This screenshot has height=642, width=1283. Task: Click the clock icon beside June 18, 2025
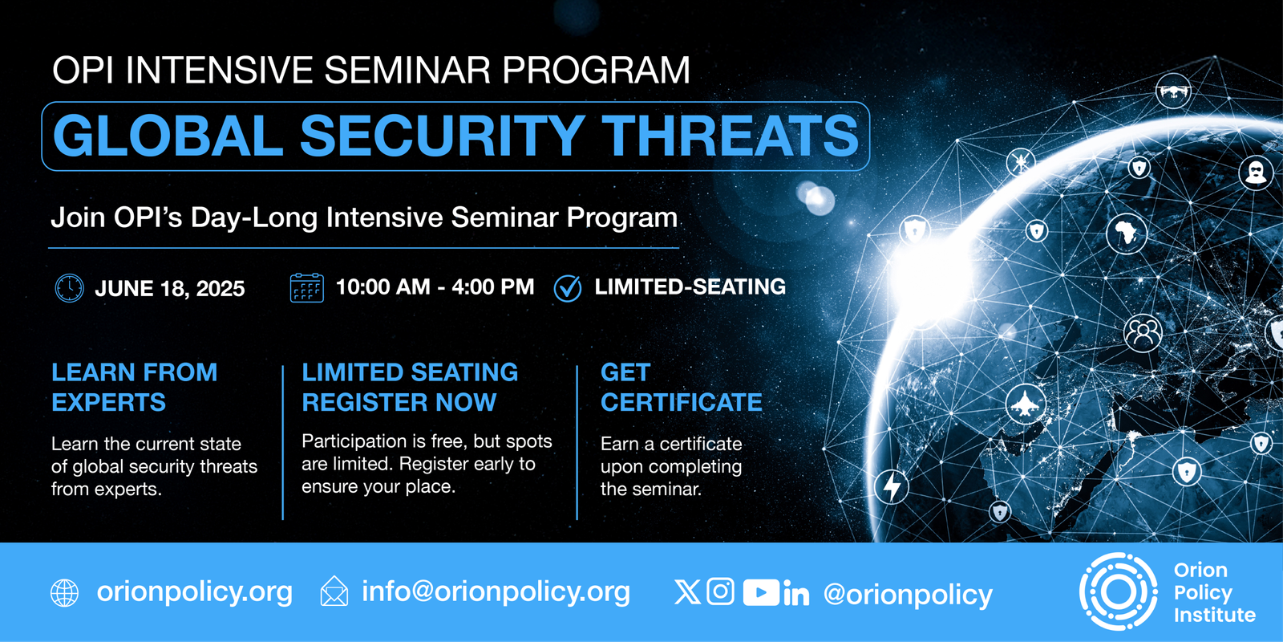coord(69,288)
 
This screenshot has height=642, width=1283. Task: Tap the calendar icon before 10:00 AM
coord(307,288)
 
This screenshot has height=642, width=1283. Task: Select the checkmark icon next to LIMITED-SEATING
coord(568,288)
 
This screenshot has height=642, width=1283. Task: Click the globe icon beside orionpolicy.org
coord(65,593)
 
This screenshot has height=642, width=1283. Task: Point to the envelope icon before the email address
coord(334,591)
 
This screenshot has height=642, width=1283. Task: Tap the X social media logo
coord(687,592)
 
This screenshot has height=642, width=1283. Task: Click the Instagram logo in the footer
coord(721,591)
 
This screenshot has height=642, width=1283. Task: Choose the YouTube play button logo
coord(761,592)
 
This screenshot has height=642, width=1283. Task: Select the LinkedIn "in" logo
coord(796,594)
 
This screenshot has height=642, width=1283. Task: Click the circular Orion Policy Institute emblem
coord(1118,591)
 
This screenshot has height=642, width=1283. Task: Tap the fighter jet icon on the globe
coord(1026,404)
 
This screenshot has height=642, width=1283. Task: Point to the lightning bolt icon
coord(892,486)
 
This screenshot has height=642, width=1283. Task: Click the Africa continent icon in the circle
coord(1127,234)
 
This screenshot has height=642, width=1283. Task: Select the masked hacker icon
coord(1256,173)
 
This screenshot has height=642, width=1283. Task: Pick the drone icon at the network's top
coord(1173,91)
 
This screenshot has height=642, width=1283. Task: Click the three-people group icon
coord(1143,333)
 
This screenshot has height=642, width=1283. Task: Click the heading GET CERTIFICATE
coord(682,388)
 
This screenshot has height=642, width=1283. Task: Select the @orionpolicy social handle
coord(908,595)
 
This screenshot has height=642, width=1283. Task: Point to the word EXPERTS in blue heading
coord(109,402)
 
